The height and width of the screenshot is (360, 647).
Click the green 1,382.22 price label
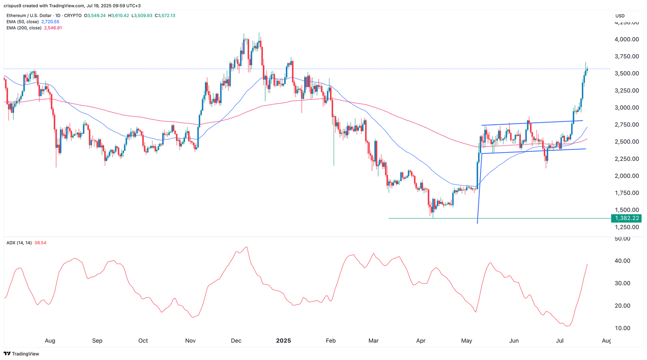pyautogui.click(x=627, y=218)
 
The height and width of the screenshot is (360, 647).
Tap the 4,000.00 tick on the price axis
pyautogui.click(x=627, y=39)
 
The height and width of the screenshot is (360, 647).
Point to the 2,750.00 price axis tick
pyautogui.click(x=627, y=125)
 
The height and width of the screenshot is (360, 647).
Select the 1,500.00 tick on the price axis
pyautogui.click(x=627, y=210)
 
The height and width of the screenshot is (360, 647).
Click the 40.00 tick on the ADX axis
pyautogui.click(x=622, y=261)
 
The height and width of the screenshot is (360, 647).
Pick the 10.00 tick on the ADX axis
pyautogui.click(x=622, y=328)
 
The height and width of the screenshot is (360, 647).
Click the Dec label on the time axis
pyautogui.click(x=236, y=341)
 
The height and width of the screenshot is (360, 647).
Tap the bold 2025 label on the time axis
pyautogui.click(x=283, y=341)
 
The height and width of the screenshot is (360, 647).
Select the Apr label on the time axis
pyautogui.click(x=421, y=341)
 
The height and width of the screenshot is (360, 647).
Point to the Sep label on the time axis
pyautogui.click(x=97, y=341)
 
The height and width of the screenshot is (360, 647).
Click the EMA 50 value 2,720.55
pyautogui.click(x=50, y=22)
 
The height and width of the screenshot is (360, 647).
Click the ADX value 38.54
pyautogui.click(x=40, y=243)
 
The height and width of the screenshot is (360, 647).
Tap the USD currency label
pyautogui.click(x=620, y=16)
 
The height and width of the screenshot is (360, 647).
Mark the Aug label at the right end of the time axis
pyautogui.click(x=606, y=341)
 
